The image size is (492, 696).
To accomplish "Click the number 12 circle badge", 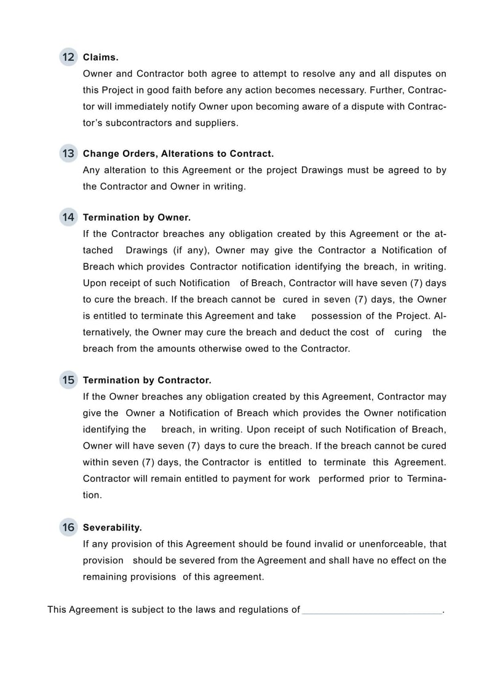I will pyautogui.click(x=68, y=57).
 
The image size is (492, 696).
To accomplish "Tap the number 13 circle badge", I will pyautogui.click(x=68, y=153).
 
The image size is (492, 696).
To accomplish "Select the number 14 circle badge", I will pyautogui.click(x=68, y=217).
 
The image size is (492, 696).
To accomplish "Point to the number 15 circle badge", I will pyautogui.click(x=68, y=380).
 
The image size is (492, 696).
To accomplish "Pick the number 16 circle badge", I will pyautogui.click(x=68, y=527).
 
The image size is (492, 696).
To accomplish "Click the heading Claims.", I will pyautogui.click(x=100, y=57).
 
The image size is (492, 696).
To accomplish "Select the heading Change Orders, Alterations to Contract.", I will pyautogui.click(x=178, y=153).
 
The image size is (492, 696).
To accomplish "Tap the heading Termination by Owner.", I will pyautogui.click(x=137, y=217).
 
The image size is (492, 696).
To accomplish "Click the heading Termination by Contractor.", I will pyautogui.click(x=147, y=380).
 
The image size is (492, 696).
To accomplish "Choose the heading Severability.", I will pyautogui.click(x=113, y=527).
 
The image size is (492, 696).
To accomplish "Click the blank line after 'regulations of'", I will pyautogui.click(x=371, y=610).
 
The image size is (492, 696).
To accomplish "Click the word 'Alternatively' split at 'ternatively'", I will pyautogui.click(x=106, y=332).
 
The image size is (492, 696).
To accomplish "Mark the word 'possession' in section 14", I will pyautogui.click(x=343, y=316).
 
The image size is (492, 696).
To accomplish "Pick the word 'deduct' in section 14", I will pyautogui.click(x=315, y=332).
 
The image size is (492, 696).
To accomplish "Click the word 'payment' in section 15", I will pyautogui.click(x=252, y=479).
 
